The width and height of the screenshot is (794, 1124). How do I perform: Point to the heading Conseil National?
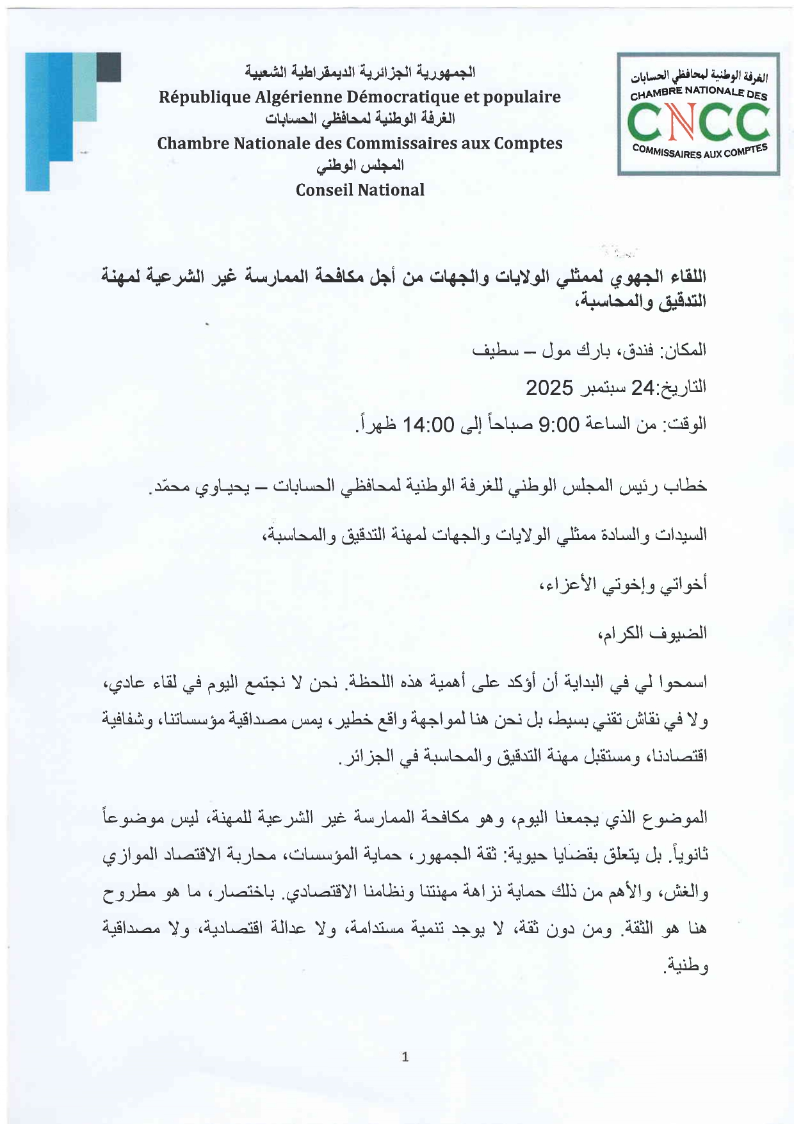pyautogui.click(x=360, y=190)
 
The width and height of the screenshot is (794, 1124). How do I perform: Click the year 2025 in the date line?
pyautogui.click(x=549, y=387)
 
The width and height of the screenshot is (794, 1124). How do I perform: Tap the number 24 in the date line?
pyautogui.click(x=644, y=387)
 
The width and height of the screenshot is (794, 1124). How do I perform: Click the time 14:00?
pyautogui.click(x=428, y=424)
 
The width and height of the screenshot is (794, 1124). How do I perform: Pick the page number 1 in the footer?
pyautogui.click(x=405, y=1057)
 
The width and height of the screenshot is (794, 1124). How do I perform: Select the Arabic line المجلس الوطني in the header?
pyautogui.click(x=361, y=166)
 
